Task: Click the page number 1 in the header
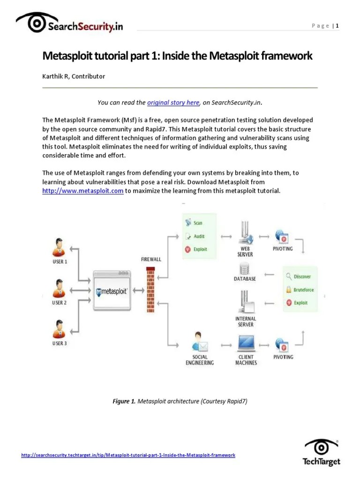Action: [x=337, y=26]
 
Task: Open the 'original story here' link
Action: [x=173, y=102]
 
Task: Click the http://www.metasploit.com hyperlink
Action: [x=82, y=190]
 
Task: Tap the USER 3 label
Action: [x=60, y=343]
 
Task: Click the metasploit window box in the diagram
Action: [x=111, y=291]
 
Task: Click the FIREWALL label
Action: [x=150, y=259]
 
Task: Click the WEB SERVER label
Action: [x=245, y=251]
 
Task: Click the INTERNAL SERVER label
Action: [x=245, y=322]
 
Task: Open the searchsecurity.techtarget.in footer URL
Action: [x=128, y=455]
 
